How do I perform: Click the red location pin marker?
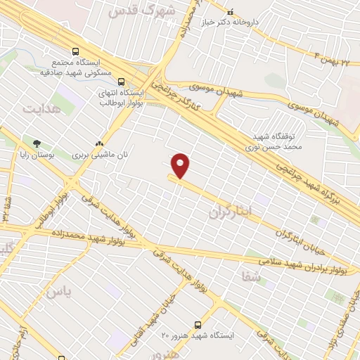pyautogui.click(x=181, y=165)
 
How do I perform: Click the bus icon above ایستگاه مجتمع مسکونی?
pyautogui.click(x=75, y=51)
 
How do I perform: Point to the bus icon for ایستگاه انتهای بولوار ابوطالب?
pyautogui.click(x=122, y=82)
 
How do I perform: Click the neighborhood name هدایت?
pyautogui.click(x=38, y=109)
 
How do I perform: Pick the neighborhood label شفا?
pyautogui.click(x=252, y=277)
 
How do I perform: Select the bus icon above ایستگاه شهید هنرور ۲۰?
pyautogui.click(x=198, y=325)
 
